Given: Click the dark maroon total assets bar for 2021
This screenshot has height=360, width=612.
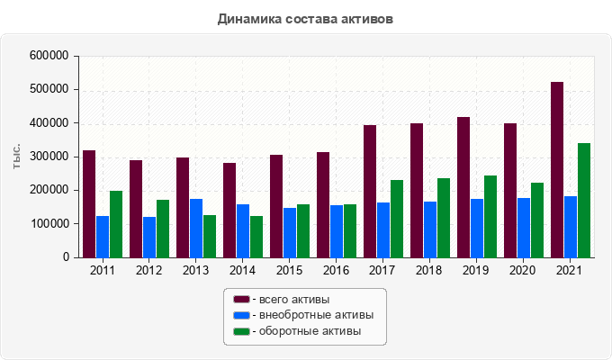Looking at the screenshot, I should [557, 169].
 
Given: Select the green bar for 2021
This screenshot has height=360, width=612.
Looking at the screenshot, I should [584, 200].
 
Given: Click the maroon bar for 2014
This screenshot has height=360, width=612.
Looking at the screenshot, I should [229, 210].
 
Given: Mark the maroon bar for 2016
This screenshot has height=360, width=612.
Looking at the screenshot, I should [323, 204].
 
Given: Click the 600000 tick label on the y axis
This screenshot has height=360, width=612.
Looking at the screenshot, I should [50, 56].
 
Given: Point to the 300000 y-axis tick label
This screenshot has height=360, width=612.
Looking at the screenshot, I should [50, 157].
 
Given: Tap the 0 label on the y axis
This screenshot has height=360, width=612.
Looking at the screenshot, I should [66, 257].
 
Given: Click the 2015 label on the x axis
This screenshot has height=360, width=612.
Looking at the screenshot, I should [290, 270].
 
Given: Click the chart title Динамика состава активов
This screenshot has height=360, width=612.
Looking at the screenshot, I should [306, 18].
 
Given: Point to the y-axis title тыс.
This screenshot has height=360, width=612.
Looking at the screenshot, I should [17, 156].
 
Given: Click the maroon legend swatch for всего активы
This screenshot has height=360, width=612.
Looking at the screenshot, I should [241, 299].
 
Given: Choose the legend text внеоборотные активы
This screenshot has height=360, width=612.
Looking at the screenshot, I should [315, 315].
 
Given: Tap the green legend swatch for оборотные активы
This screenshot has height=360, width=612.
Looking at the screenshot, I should [241, 331].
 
